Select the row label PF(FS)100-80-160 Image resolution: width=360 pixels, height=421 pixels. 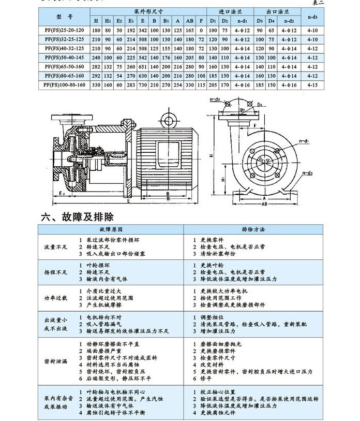pos(64,85)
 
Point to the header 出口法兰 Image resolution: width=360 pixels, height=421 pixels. pos(276,10)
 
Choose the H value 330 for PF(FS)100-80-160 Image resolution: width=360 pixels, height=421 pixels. pos(95,85)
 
